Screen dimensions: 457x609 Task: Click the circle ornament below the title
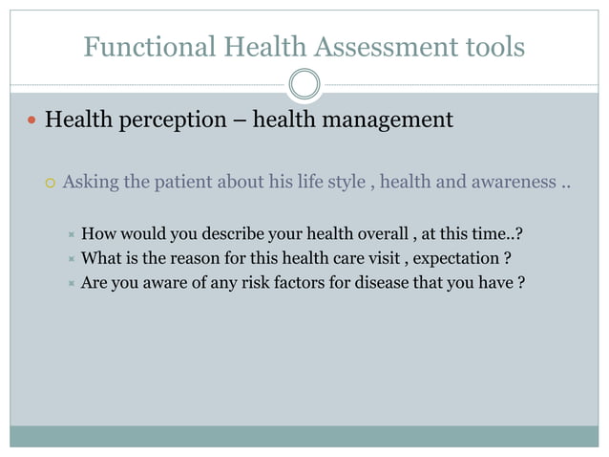coord(304,84)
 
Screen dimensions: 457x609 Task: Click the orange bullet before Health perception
coord(31,121)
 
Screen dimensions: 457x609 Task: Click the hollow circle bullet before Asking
coord(50,183)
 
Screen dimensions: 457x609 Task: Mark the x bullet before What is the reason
coord(70,258)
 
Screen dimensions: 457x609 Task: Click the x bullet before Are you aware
coord(70,284)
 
